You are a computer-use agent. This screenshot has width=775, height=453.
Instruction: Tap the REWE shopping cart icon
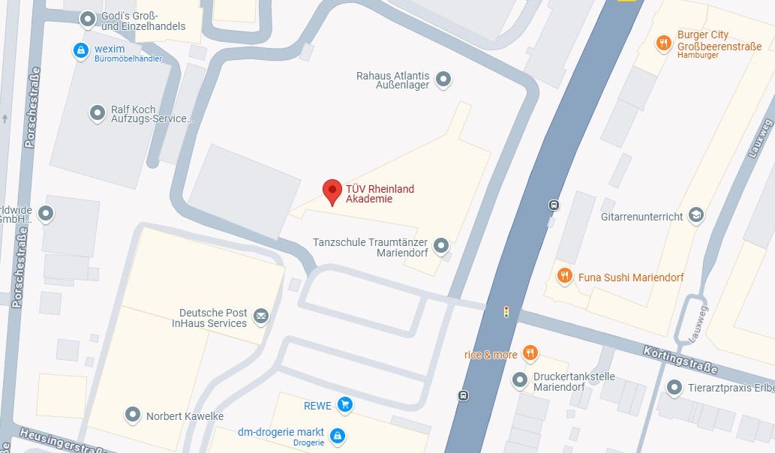(344, 405)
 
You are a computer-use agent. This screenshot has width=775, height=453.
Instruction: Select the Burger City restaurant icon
(663, 43)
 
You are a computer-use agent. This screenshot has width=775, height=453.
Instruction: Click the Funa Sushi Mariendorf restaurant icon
(565, 276)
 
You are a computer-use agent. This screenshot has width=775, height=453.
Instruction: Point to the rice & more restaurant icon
(530, 353)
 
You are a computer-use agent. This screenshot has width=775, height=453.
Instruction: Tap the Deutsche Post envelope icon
(261, 316)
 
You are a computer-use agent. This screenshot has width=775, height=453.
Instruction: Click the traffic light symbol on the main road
(506, 311)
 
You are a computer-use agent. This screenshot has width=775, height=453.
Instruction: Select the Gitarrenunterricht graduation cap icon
(696, 215)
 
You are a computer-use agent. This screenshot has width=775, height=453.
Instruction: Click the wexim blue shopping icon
(80, 50)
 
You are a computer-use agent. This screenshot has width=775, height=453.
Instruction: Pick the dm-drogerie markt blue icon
(338, 435)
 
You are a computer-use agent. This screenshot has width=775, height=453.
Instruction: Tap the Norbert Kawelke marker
(133, 414)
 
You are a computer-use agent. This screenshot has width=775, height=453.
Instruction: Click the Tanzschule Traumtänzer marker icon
(441, 245)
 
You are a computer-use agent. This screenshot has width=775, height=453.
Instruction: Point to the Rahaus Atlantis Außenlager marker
(443, 79)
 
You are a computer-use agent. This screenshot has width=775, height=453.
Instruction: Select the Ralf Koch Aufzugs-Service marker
(98, 112)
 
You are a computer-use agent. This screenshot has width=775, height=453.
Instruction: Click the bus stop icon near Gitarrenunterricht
(554, 205)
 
